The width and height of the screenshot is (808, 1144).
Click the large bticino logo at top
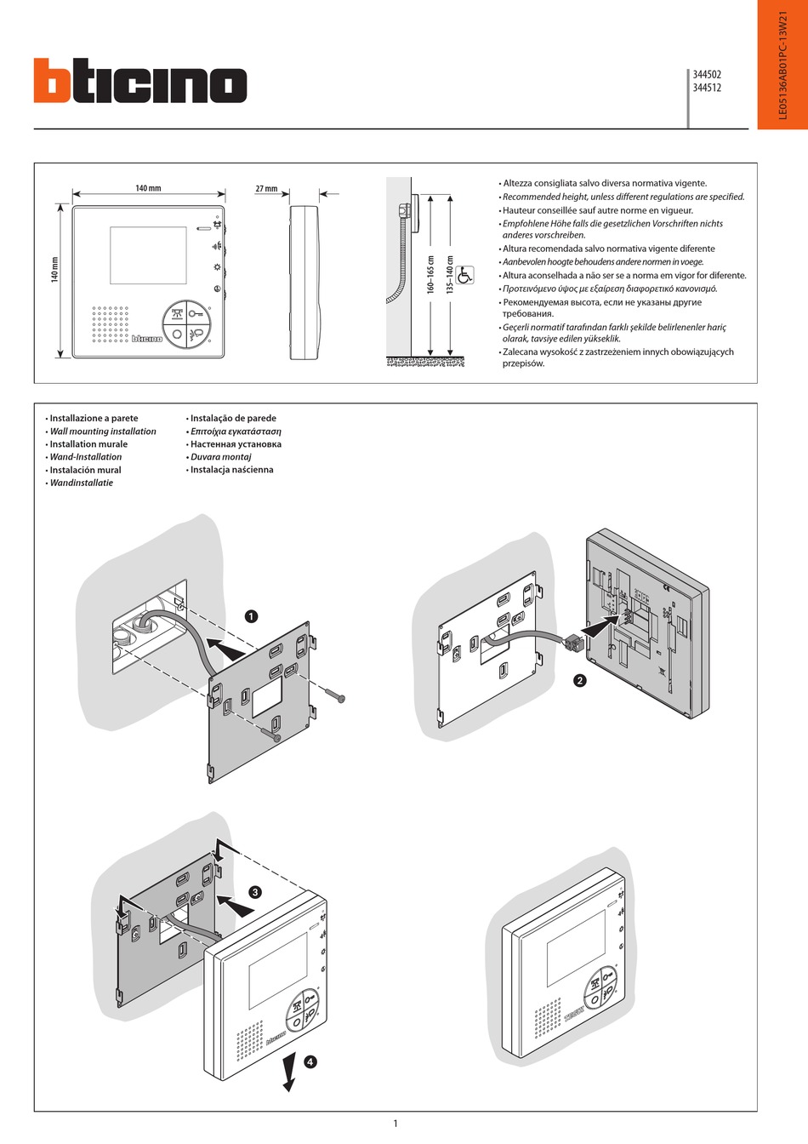tap(140, 82)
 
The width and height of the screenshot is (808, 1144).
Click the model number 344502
tap(707, 75)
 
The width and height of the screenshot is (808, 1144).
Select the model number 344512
tap(707, 88)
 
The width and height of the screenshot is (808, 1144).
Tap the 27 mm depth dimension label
tap(266, 189)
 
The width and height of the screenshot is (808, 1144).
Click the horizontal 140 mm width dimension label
tap(148, 188)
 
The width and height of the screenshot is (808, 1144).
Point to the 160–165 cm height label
tap(430, 275)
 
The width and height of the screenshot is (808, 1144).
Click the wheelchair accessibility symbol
tap(465, 276)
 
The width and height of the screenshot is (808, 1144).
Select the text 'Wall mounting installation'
tap(103, 432)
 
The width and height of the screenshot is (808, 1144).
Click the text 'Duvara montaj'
tap(220, 457)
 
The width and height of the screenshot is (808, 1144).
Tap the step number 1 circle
tap(251, 616)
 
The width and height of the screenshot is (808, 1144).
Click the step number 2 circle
tap(580, 680)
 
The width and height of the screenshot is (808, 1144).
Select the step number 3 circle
tap(254, 892)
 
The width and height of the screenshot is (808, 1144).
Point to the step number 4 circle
tap(310, 1061)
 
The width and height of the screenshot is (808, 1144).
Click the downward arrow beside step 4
tap(290, 1071)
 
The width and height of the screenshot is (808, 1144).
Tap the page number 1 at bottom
tap(395, 1124)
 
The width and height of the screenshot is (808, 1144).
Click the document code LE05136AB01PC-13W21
tap(783, 65)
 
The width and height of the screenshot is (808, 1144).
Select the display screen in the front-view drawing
tap(148, 255)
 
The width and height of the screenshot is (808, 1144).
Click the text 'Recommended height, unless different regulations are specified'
tap(623, 197)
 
